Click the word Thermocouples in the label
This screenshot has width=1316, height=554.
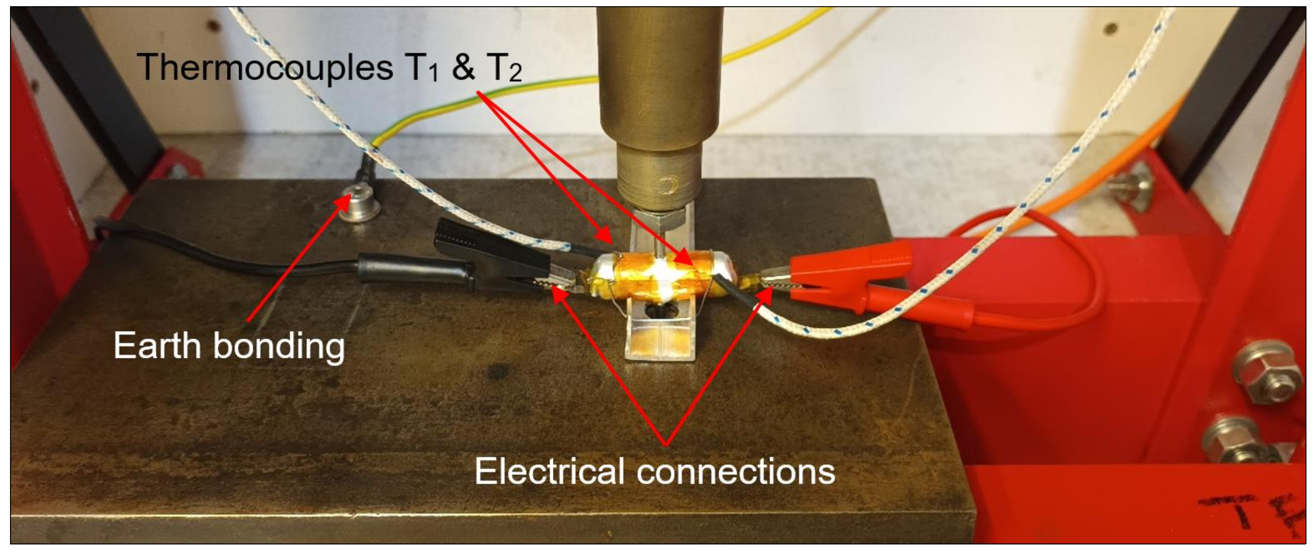tap(265, 67)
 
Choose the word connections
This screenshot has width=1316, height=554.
tap(736, 471)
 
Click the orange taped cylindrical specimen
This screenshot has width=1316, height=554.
tap(664, 276)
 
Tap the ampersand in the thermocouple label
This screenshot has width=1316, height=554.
tap(463, 67)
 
